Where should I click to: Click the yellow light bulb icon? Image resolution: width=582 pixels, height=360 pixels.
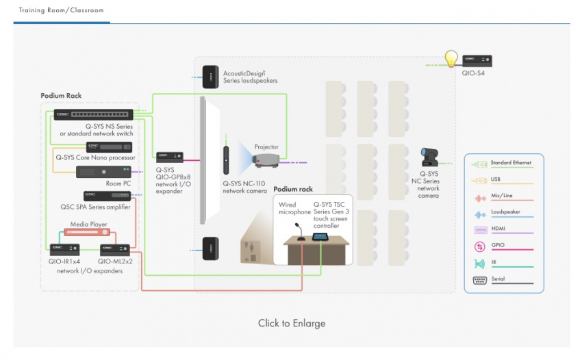click(x=451, y=59)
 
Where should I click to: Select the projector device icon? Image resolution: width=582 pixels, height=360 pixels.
click(x=266, y=161)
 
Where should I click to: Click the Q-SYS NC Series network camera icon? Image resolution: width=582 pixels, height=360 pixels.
click(x=430, y=158)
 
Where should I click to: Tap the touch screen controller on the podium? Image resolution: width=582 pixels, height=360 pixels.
click(x=319, y=237)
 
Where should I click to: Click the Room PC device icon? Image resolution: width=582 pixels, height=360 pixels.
click(x=103, y=172)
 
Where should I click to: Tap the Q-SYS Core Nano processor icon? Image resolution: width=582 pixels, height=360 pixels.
click(x=103, y=146)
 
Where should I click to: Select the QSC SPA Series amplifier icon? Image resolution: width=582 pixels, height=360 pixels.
click(x=106, y=196)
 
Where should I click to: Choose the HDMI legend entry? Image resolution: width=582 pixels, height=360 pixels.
click(x=501, y=229)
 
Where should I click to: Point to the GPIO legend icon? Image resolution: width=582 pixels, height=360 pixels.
click(x=479, y=246)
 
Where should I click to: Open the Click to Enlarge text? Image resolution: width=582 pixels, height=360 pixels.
click(x=292, y=323)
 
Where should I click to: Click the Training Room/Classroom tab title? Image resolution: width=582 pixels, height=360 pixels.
click(x=61, y=11)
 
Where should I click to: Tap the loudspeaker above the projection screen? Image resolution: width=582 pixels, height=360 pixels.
click(x=210, y=75)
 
